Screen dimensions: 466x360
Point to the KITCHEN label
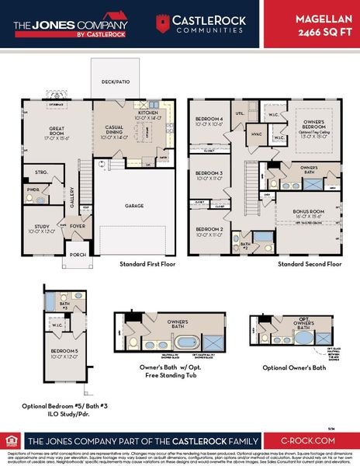click(148, 113)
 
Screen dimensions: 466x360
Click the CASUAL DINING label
click(110, 132)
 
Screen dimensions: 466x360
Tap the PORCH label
click(78, 253)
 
